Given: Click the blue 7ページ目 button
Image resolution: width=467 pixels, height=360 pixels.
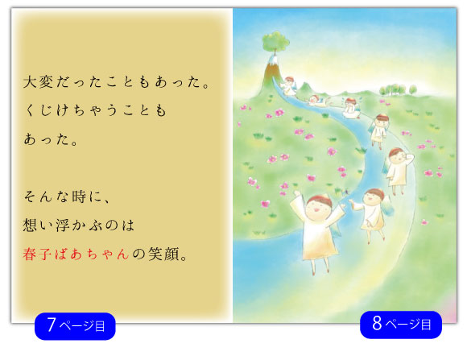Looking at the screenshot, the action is coord(75,326).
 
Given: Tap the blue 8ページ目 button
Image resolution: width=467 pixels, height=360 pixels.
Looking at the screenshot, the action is coord(401,325).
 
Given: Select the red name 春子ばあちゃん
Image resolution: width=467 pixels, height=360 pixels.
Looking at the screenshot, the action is coord(76,254).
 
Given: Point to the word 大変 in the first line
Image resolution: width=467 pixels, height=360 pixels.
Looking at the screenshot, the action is coord(38,82).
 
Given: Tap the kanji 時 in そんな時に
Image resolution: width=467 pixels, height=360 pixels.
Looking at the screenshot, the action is coord(79,197).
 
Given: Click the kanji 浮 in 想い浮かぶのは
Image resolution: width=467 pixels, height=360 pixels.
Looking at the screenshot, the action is coord(63,226).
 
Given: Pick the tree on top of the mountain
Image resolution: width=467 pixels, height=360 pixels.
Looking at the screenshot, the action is coord(275,43).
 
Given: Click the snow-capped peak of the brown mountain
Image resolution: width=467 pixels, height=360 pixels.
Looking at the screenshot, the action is coord(273,60).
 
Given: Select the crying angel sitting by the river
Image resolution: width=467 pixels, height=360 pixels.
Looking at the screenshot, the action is coord(350,108).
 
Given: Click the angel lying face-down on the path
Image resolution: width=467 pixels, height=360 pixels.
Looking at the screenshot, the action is coord(317,101).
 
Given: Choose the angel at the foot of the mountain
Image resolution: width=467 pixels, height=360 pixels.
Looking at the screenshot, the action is coord(288,85).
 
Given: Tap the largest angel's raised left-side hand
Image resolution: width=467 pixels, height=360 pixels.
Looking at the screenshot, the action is coord(296,195).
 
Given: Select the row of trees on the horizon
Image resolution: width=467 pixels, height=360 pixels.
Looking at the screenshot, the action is coord(398,89).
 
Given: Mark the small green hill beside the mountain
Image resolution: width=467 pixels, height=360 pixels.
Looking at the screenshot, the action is coord(304,88).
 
